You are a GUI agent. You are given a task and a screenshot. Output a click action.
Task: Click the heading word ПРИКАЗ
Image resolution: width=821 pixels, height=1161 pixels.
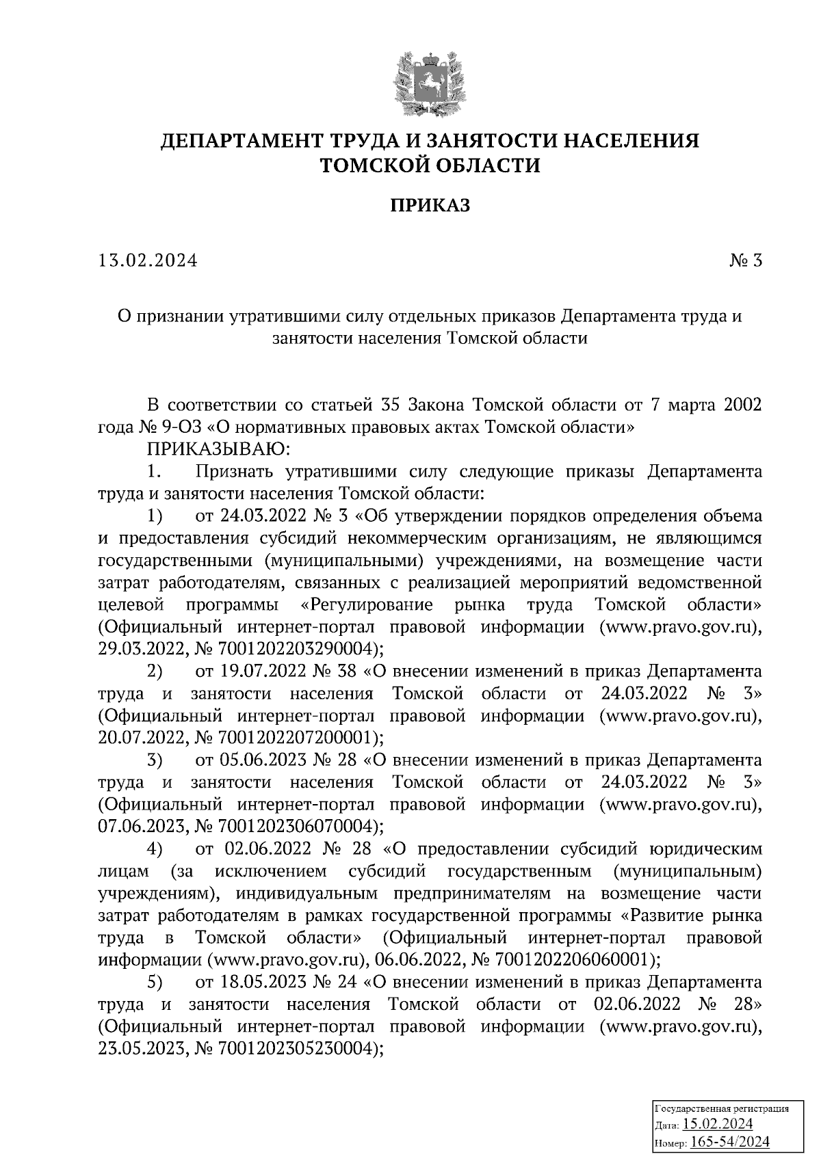pyautogui.click(x=430, y=206)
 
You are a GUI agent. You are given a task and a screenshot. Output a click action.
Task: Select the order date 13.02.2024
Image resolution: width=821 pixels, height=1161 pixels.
pyautogui.click(x=147, y=261)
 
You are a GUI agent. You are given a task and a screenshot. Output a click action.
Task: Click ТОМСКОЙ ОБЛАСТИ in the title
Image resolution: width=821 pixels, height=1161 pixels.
pyautogui.click(x=430, y=165)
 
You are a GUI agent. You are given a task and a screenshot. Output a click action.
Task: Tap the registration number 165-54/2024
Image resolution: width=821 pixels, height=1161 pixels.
pyautogui.click(x=730, y=1142)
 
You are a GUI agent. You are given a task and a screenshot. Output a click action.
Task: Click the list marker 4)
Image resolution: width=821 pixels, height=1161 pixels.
pyautogui.click(x=155, y=849)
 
